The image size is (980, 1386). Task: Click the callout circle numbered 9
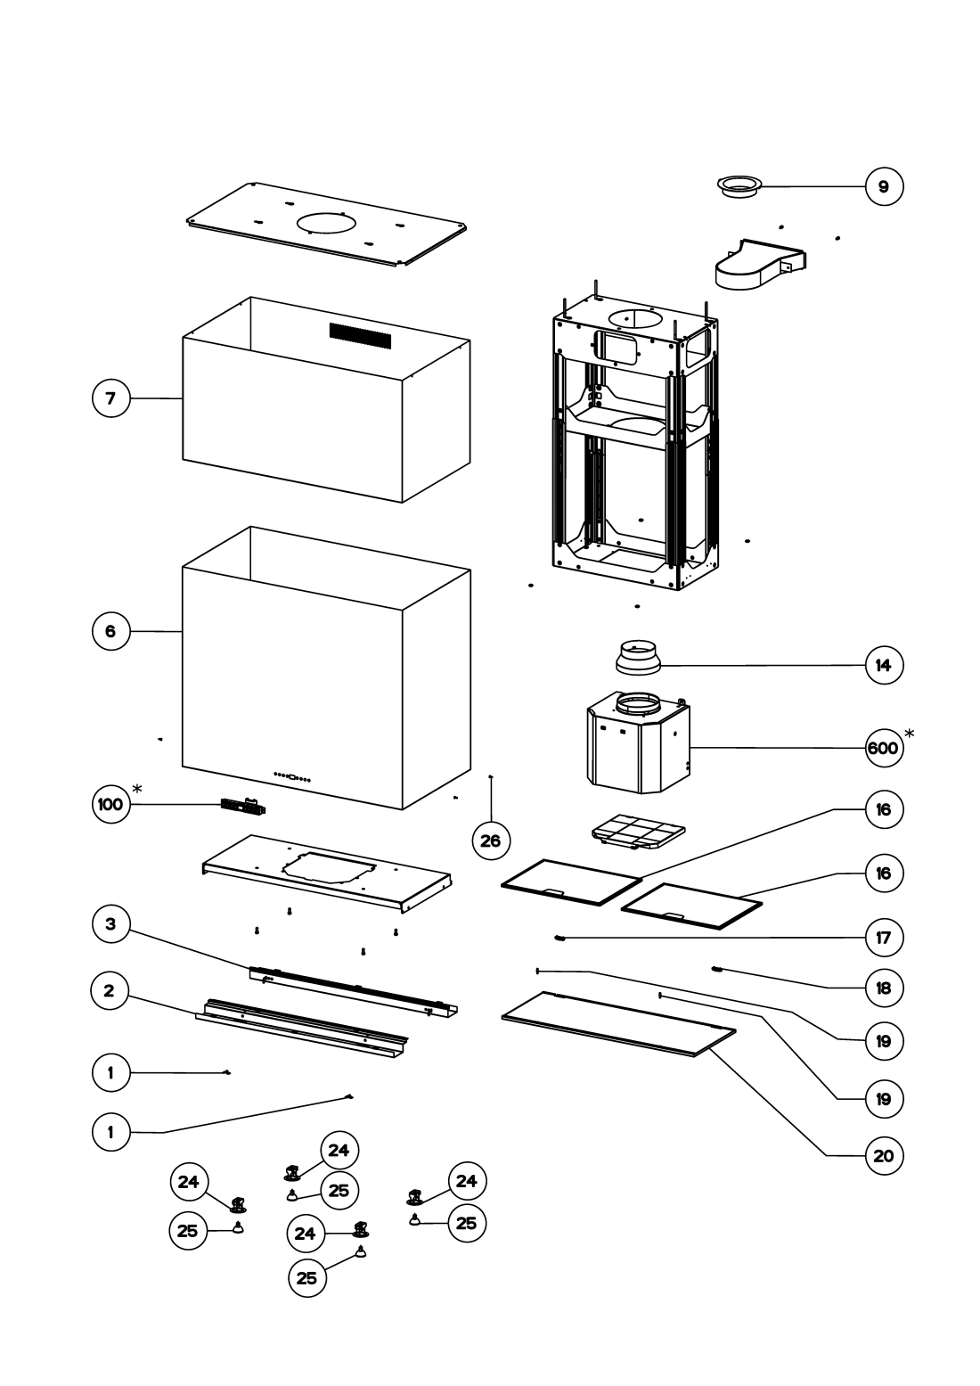(x=883, y=186)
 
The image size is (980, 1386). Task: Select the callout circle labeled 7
(x=111, y=398)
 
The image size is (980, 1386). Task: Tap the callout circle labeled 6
(x=110, y=631)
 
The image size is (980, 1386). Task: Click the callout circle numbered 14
(x=883, y=665)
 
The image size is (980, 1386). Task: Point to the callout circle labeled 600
(x=883, y=748)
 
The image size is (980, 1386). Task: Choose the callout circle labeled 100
(x=110, y=804)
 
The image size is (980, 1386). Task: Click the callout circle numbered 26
(x=490, y=840)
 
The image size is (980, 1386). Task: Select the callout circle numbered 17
(x=883, y=938)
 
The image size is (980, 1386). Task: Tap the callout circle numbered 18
(x=883, y=988)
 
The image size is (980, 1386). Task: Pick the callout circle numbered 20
(x=883, y=1156)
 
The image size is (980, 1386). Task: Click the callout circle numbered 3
(x=110, y=924)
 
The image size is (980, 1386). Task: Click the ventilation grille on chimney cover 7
(x=360, y=336)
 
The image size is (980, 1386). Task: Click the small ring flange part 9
(x=739, y=187)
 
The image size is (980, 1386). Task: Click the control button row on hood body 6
(x=292, y=777)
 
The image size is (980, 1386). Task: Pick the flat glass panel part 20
(x=618, y=1022)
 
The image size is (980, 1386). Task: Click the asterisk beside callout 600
(x=910, y=733)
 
